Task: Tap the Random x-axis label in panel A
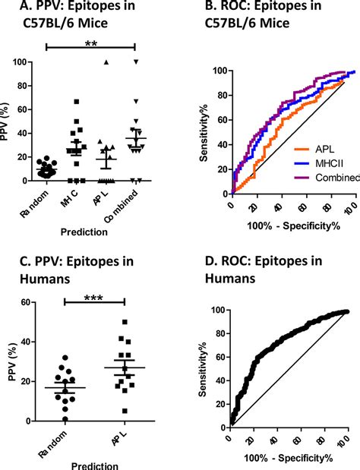tap(37, 202)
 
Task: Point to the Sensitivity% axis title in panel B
tap(206, 134)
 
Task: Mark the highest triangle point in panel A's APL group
tap(107, 62)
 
